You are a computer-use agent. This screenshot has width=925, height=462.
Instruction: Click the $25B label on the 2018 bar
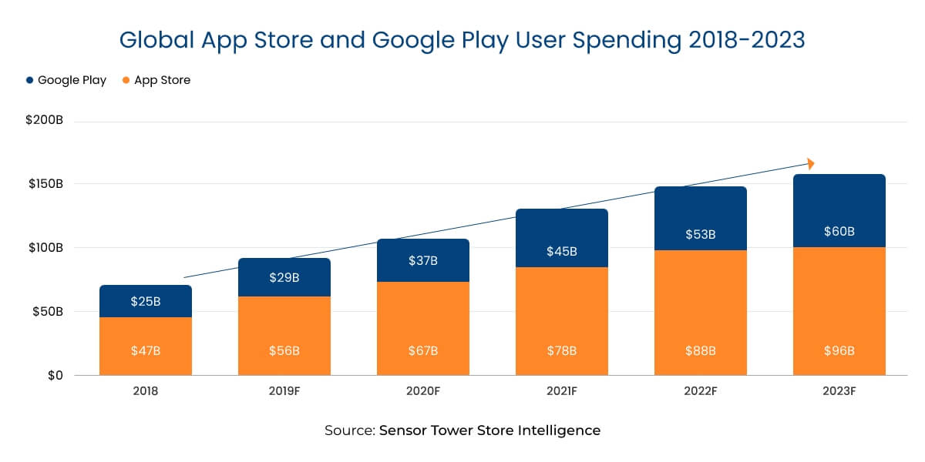145,301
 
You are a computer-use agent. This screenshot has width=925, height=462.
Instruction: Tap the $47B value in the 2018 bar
145,350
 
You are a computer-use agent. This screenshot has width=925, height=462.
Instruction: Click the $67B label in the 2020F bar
422,350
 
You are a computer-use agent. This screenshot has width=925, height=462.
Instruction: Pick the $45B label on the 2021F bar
561,251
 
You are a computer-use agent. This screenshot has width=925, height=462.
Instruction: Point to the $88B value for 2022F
700,350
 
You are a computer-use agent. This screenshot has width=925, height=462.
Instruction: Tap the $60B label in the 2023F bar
839,231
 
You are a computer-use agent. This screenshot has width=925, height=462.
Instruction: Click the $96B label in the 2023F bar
839,350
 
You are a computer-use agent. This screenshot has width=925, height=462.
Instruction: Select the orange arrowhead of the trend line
810,164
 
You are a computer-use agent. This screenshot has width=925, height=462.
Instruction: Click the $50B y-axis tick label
46,312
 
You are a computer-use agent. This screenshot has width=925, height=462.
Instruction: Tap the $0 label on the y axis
53,376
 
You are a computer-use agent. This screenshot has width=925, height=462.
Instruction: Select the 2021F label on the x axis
561,391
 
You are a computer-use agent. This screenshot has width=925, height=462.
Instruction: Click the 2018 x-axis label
145,391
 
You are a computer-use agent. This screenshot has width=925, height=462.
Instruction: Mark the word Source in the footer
349,430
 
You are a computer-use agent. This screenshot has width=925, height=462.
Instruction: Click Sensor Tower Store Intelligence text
489,430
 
